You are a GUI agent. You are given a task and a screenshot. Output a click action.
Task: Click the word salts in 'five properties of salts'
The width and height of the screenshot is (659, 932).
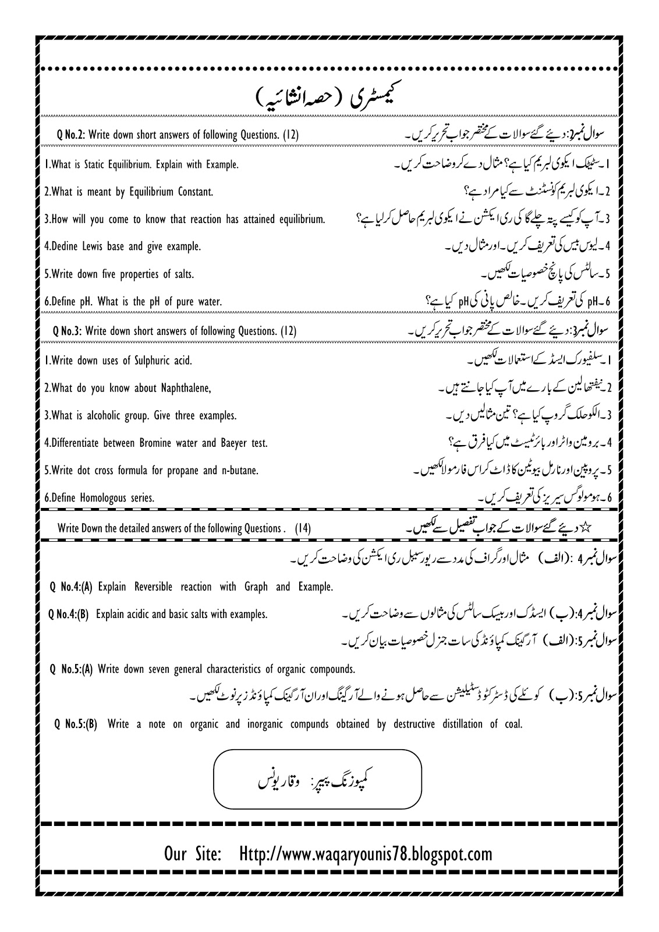click(x=184, y=274)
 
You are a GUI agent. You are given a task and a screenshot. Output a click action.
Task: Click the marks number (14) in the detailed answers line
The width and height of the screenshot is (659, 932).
click(x=303, y=528)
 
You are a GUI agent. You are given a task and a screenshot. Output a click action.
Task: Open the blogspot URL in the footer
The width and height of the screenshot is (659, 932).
click(x=366, y=855)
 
